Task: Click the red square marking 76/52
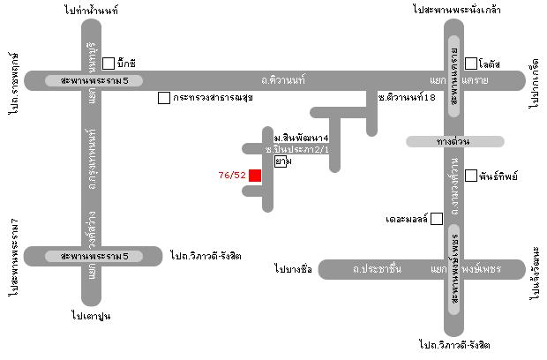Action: point(255,175)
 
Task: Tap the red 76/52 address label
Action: point(231,175)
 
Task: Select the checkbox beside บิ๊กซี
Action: point(109,64)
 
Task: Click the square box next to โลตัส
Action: point(471,64)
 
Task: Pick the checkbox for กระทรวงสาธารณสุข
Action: point(163,98)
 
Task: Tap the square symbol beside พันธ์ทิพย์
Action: point(471,176)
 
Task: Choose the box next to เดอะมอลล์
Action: point(436,218)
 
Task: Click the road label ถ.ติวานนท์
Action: point(283,80)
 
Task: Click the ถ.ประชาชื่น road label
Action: point(377,268)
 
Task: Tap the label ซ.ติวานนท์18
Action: point(407,98)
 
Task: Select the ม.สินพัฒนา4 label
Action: point(301,139)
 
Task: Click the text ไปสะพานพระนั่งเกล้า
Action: point(452,11)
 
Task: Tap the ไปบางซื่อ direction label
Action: point(294,268)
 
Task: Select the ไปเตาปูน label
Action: point(92,314)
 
